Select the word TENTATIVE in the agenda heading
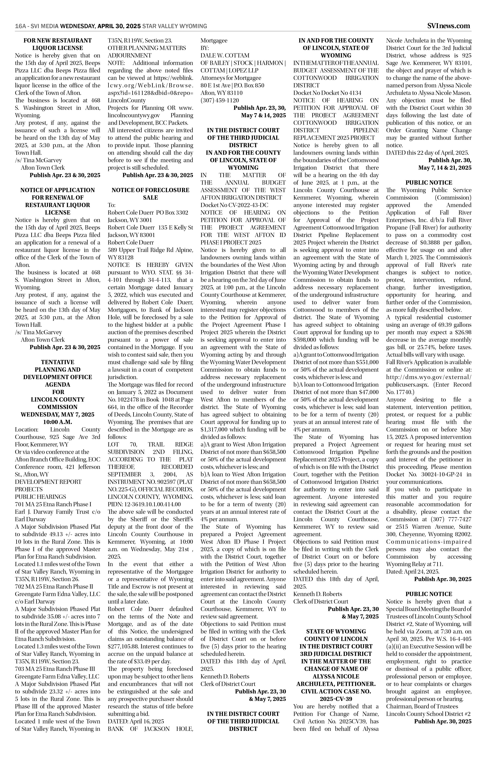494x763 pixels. [58, 362]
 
